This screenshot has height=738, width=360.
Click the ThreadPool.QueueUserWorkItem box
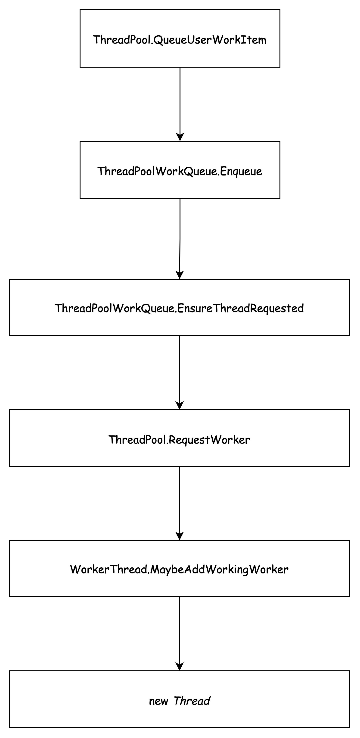(x=180, y=39)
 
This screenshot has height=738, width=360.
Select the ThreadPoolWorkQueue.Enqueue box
(x=180, y=170)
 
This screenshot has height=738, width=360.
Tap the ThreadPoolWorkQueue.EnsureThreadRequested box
(x=180, y=307)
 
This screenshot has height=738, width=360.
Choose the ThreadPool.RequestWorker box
(x=180, y=438)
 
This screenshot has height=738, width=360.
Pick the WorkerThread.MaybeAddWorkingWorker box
(x=180, y=569)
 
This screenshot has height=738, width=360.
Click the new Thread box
(x=180, y=699)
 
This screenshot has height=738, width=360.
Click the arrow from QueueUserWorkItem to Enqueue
(x=180, y=104)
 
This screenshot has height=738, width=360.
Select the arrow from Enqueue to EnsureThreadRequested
(x=180, y=239)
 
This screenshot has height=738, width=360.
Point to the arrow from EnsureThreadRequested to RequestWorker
(x=180, y=373)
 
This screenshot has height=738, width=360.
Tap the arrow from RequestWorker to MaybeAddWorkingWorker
(x=180, y=503)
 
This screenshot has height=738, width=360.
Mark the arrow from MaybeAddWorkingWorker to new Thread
(x=180, y=634)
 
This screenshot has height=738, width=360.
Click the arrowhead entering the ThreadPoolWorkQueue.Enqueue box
(x=180, y=137)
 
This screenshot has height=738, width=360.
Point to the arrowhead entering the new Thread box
(x=180, y=667)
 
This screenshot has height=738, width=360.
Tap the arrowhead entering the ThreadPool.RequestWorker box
(x=180, y=406)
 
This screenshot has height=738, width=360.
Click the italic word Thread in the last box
(x=192, y=701)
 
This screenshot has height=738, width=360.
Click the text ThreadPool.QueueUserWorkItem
(x=180, y=40)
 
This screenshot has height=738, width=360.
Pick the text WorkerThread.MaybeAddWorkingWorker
(x=179, y=569)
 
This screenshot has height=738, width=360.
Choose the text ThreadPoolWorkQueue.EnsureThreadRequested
(x=179, y=308)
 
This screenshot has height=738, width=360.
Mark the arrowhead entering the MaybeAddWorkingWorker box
(x=180, y=536)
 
